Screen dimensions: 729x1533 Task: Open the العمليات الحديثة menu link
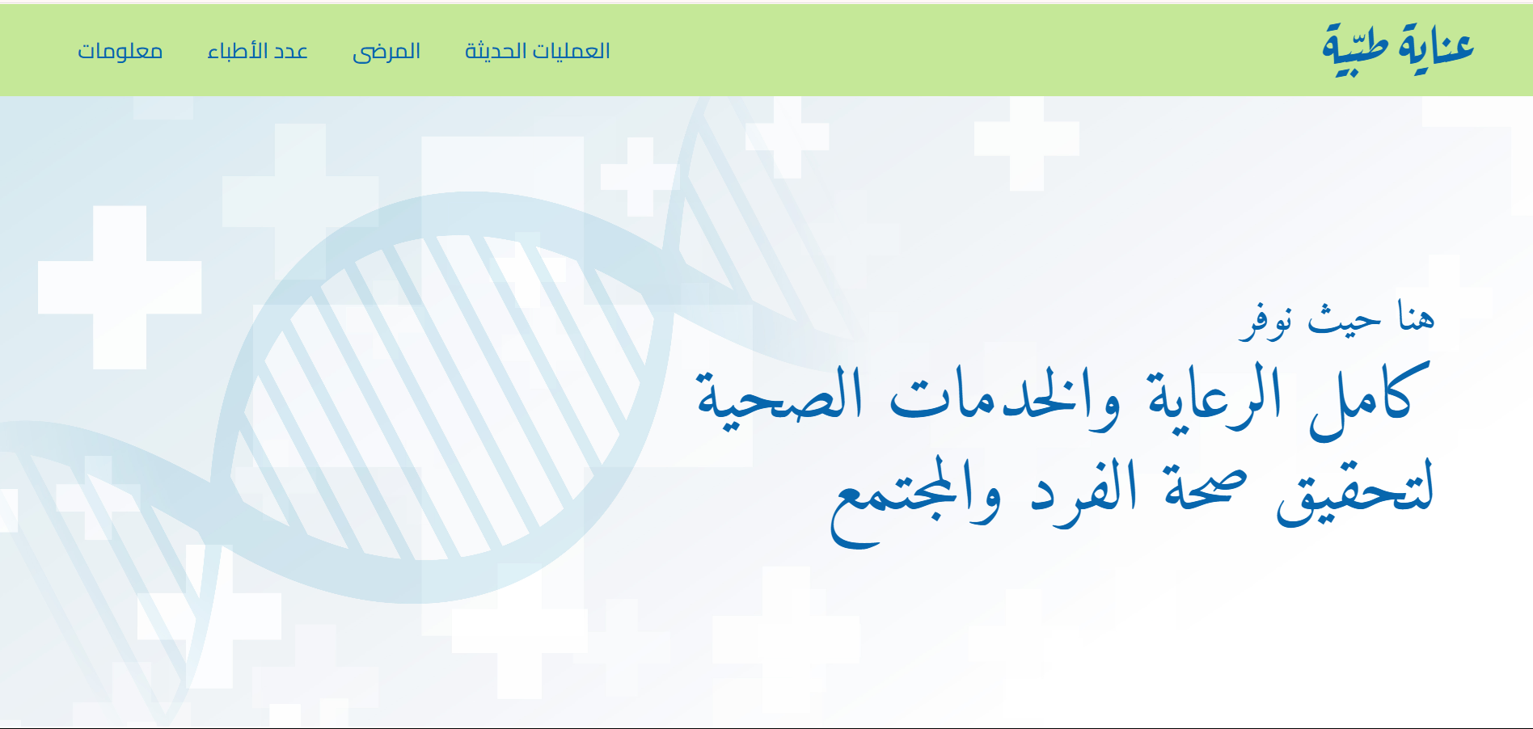coord(537,51)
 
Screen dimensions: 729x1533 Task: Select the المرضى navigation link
coord(386,52)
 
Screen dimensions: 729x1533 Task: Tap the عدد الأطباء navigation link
coord(257,51)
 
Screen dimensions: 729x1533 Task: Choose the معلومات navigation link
coord(120,51)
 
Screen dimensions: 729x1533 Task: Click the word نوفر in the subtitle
coord(1266,321)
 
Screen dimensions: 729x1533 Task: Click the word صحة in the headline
coord(1206,490)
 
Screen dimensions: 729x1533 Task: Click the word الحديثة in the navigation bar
coord(496,51)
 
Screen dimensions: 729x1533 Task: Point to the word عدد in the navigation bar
coord(289,51)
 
